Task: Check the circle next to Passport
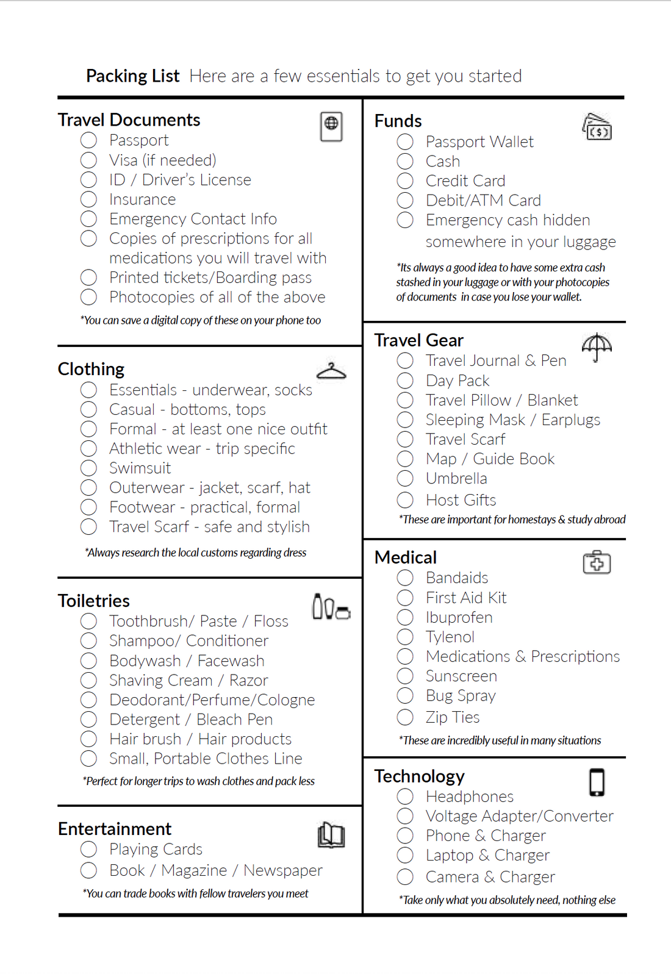pyautogui.click(x=88, y=140)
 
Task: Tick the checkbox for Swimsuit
pyautogui.click(x=88, y=468)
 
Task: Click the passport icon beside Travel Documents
pyautogui.click(x=331, y=126)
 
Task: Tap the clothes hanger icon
pyautogui.click(x=331, y=370)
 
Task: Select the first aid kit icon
pyautogui.click(x=597, y=562)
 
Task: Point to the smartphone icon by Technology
pyautogui.click(x=597, y=782)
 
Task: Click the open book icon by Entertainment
pyautogui.click(x=331, y=834)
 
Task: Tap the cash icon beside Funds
pyautogui.click(x=597, y=126)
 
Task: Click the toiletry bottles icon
pyautogui.click(x=331, y=607)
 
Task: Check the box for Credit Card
pyautogui.click(x=405, y=181)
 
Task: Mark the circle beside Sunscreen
pyautogui.click(x=405, y=676)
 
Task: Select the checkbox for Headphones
pyautogui.click(x=405, y=797)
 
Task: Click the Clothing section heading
pyautogui.click(x=91, y=369)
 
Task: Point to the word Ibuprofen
pyautogui.click(x=459, y=617)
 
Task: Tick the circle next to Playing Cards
pyautogui.click(x=88, y=849)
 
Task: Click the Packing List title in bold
pyautogui.click(x=132, y=76)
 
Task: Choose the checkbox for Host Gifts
pyautogui.click(x=405, y=500)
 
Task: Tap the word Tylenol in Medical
pyautogui.click(x=450, y=637)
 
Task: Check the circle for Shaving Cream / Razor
pyautogui.click(x=88, y=680)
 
